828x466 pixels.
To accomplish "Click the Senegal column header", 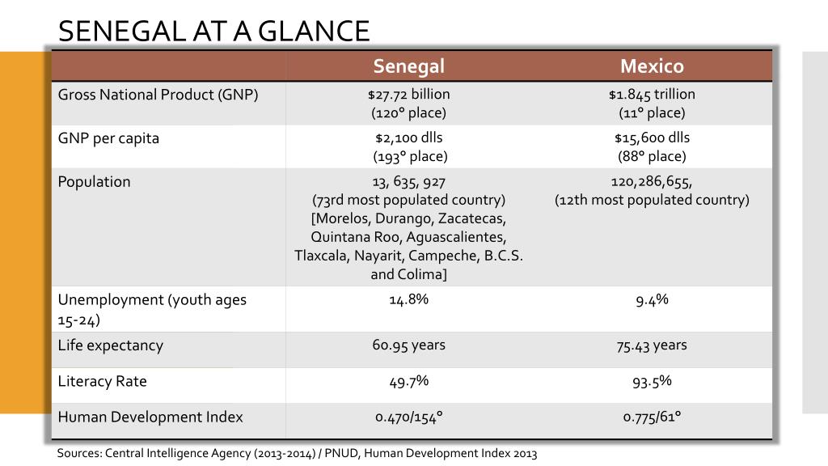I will click(408, 66).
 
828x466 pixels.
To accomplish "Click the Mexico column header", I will click(652, 66).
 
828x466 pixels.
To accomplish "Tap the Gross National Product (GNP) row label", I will click(158, 95).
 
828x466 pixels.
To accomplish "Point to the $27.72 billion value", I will click(408, 95).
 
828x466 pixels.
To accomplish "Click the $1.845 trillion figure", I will click(652, 95).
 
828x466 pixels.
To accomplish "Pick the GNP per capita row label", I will click(108, 138).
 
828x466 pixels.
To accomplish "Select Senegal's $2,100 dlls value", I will click(408, 138).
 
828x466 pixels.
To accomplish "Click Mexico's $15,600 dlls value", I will click(652, 138).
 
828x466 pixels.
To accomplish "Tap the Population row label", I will click(94, 181).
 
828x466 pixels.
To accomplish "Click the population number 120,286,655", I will click(652, 181).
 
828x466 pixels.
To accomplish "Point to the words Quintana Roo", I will click(348, 237).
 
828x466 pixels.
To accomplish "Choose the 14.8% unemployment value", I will click(408, 299).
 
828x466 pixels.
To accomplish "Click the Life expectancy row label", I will click(111, 345).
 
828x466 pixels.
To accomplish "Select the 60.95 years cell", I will click(408, 345).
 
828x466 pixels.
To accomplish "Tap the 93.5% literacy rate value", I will click(652, 382).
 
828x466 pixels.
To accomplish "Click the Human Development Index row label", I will click(150, 417).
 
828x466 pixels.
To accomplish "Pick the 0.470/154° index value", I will click(408, 417).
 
